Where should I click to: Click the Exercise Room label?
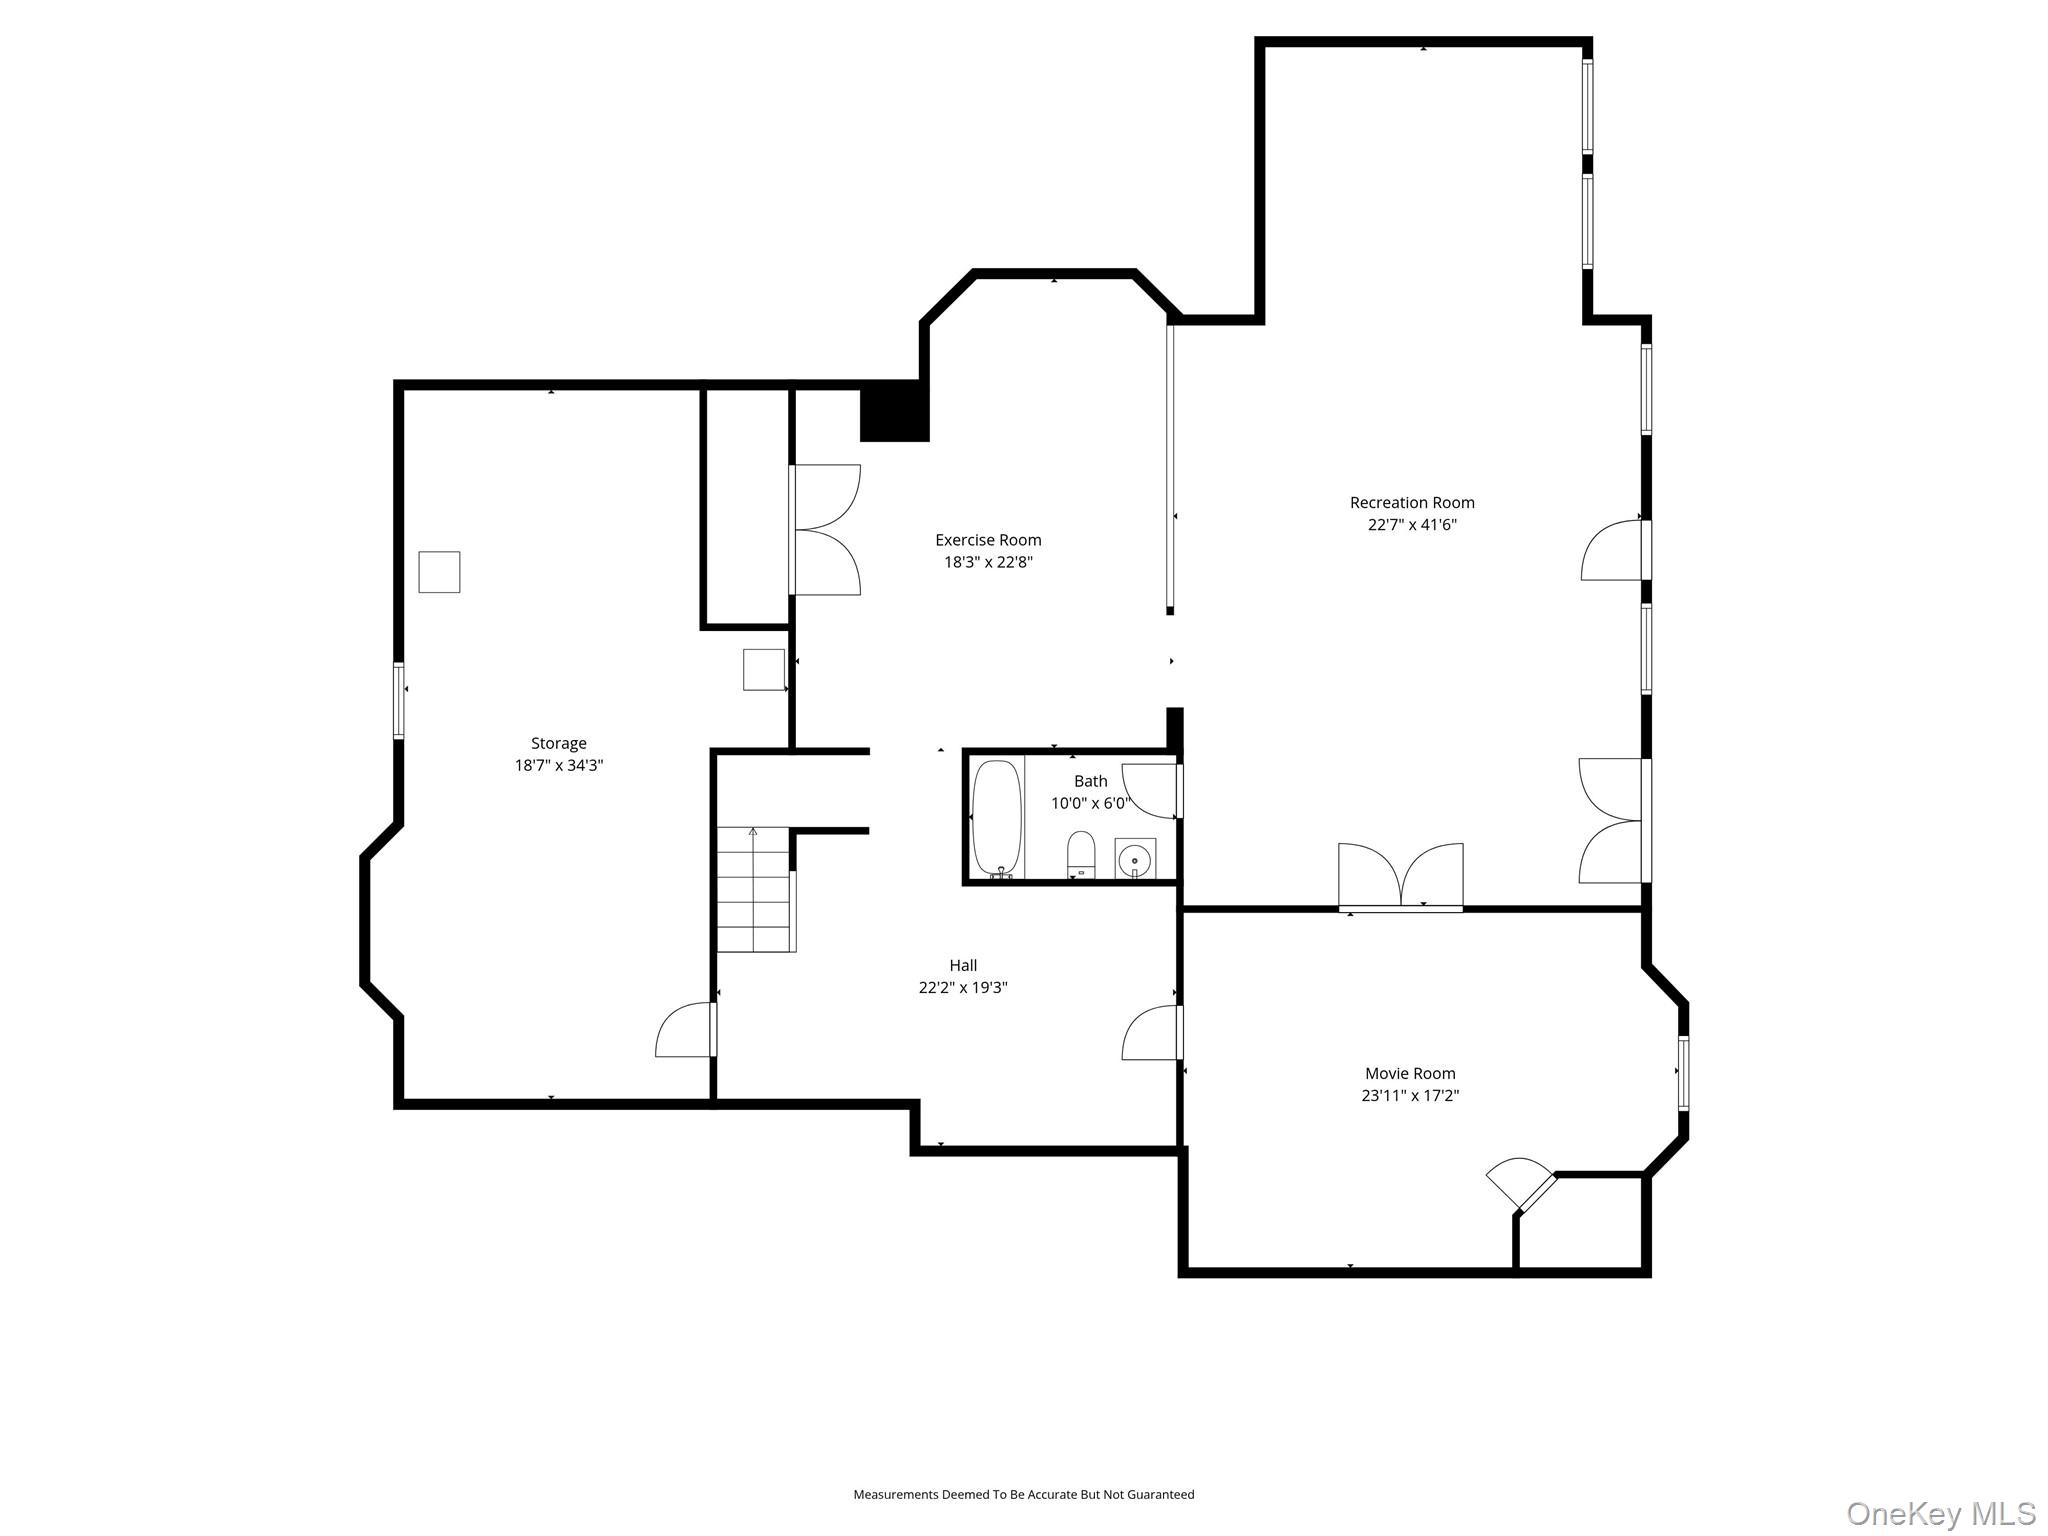pos(988,540)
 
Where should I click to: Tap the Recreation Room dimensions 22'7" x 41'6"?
pos(1412,525)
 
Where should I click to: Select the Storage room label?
pos(558,743)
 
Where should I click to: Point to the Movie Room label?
pos(1410,1073)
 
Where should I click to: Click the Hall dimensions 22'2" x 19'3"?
pos(963,987)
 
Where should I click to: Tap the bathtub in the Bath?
pos(997,817)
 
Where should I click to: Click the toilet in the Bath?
pos(1081,854)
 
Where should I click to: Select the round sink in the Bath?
pos(1135,859)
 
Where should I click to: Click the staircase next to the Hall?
pos(755,890)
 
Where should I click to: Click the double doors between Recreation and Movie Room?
pos(1401,877)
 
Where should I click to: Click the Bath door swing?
pos(1152,790)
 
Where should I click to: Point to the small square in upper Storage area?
pos(439,572)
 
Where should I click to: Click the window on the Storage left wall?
pos(398,700)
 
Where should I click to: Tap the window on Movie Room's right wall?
pos(1683,1073)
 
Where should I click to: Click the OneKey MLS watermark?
pos(1940,1513)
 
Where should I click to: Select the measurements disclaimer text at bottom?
pos(1023,1494)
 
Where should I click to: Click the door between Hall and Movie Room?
pos(1153,1034)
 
